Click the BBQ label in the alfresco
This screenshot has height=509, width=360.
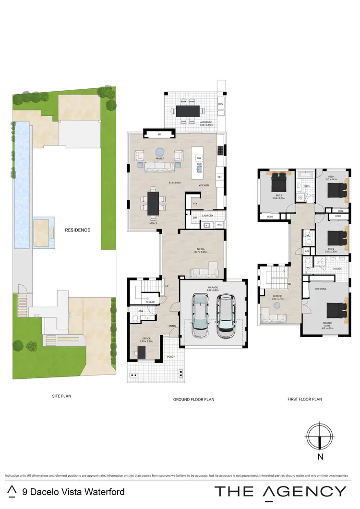(x=221, y=104)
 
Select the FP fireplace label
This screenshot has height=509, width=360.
(x=159, y=135)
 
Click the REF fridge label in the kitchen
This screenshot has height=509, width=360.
(x=220, y=177)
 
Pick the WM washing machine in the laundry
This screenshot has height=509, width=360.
(x=219, y=224)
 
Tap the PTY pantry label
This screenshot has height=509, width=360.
(x=195, y=203)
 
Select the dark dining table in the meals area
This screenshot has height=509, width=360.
(x=153, y=203)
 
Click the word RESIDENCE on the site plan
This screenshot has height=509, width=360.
(x=77, y=230)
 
